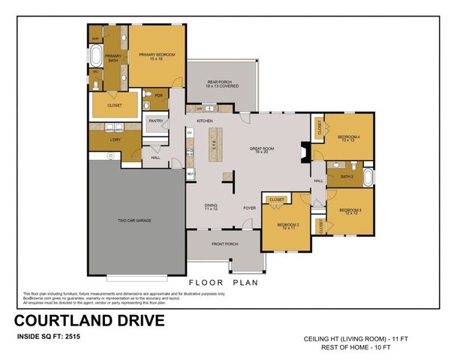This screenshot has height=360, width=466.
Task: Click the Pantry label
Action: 156,121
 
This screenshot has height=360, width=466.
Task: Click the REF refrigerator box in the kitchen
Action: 191,173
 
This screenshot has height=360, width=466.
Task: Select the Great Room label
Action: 262,150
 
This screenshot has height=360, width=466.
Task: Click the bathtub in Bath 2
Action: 368,177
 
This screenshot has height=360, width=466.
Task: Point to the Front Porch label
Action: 224,244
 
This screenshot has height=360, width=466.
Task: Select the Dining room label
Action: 211,207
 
